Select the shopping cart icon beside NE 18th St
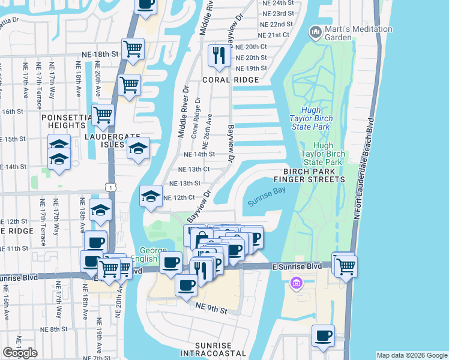[132, 49]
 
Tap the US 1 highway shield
[110, 188]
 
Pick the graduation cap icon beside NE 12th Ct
[151, 195]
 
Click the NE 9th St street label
[211, 310]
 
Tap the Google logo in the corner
[20, 353]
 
